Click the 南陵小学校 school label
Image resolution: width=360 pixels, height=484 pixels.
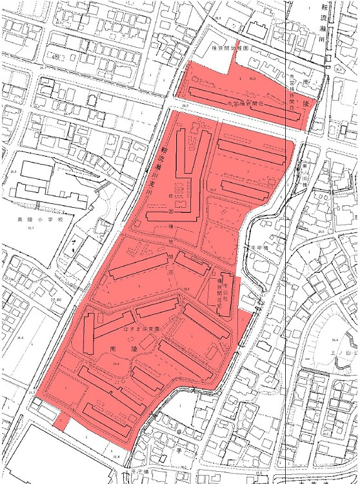pyautogui.click(x=33, y=220)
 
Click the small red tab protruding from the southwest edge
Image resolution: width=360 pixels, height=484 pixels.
pyautogui.click(x=61, y=421)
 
